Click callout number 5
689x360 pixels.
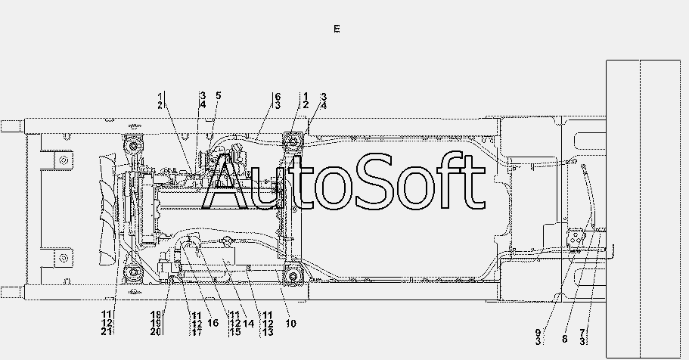(x=218, y=95)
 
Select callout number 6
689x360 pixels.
(x=278, y=97)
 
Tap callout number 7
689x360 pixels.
(x=582, y=333)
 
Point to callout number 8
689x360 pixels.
(x=565, y=339)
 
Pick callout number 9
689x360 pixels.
(x=538, y=333)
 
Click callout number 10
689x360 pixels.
(x=291, y=324)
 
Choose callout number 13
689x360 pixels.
(x=268, y=332)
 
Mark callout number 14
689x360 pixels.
(x=248, y=324)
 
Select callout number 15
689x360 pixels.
(x=235, y=332)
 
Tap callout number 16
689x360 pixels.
(x=213, y=323)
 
